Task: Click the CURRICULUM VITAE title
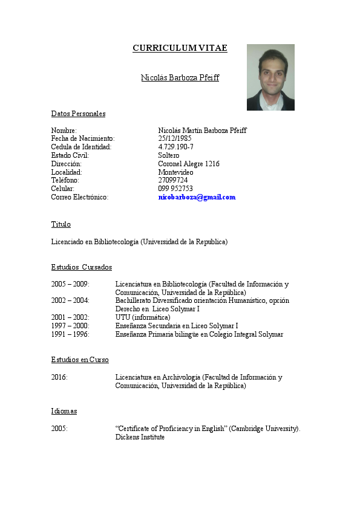[x=180, y=48]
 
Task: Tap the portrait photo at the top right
[x=270, y=77]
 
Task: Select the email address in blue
[x=197, y=197]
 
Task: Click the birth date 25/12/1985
[x=175, y=138]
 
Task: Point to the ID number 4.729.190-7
[x=175, y=147]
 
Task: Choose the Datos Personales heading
[x=78, y=114]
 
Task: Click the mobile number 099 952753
[x=175, y=189]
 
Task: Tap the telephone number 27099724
[x=172, y=180]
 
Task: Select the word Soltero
[x=169, y=155]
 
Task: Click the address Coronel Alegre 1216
[x=189, y=164]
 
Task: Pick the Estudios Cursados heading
[x=81, y=267]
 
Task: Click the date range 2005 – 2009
[x=70, y=284]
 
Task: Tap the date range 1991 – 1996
[x=70, y=334]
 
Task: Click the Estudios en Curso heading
[x=80, y=360]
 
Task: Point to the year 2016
[x=59, y=377]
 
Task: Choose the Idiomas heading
[x=64, y=411]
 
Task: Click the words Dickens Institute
[x=140, y=437]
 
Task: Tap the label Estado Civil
[x=70, y=155]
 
